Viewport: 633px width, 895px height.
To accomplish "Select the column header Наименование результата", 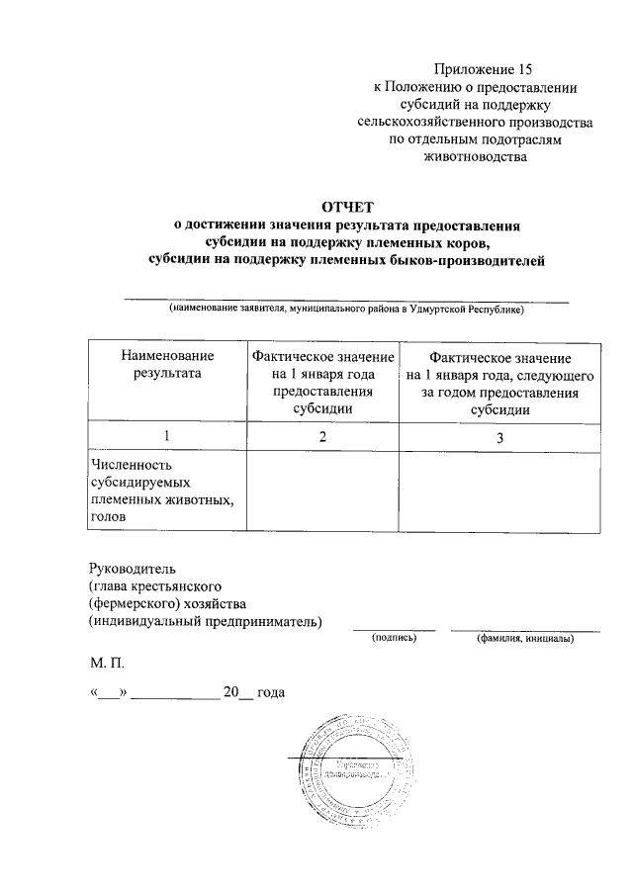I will pos(166,364).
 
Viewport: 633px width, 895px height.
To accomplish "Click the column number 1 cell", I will pos(166,436).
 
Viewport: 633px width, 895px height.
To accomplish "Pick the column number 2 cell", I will pos(322,436).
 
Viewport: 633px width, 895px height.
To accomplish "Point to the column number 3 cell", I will pos(499,436).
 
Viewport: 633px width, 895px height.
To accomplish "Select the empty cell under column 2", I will pos(322,491).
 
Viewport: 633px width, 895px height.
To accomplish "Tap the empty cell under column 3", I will pos(499,491).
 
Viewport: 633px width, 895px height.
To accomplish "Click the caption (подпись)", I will pos(395,639).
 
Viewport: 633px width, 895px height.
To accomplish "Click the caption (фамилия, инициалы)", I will pos(524,639).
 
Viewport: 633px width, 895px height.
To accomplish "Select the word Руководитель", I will pos(132,569).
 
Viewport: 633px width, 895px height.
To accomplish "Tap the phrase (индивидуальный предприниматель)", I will pos(205,621).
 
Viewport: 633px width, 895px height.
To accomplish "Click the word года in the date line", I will pos(270,692).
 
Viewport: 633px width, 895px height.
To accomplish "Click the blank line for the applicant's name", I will pos(345,298).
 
